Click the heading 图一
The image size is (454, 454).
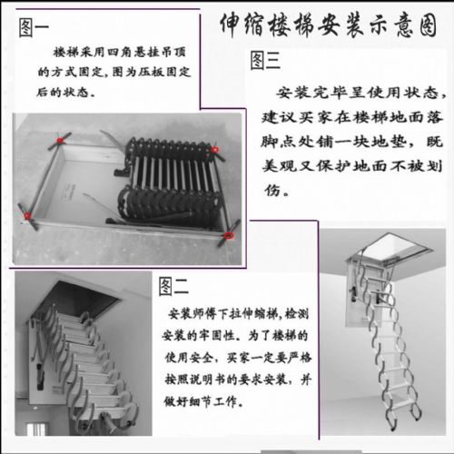coord(34,28)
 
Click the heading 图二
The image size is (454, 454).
coord(173,286)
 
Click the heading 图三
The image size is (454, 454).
coord(265,60)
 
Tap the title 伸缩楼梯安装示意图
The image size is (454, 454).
coord(329,25)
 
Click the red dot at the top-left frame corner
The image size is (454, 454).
coord(60,140)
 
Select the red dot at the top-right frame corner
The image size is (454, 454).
coord(214,150)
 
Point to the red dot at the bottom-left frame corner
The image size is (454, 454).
coord(27,215)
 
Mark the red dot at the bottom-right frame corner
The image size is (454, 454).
coord(229,235)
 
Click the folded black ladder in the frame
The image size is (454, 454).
coord(171,182)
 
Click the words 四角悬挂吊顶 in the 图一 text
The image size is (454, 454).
coord(146,53)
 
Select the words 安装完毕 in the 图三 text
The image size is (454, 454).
coord(311,93)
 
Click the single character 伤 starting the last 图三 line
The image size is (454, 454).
coord(272,191)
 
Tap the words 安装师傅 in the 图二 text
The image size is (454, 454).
coord(192,314)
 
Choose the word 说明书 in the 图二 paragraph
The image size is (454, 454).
coord(202,380)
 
